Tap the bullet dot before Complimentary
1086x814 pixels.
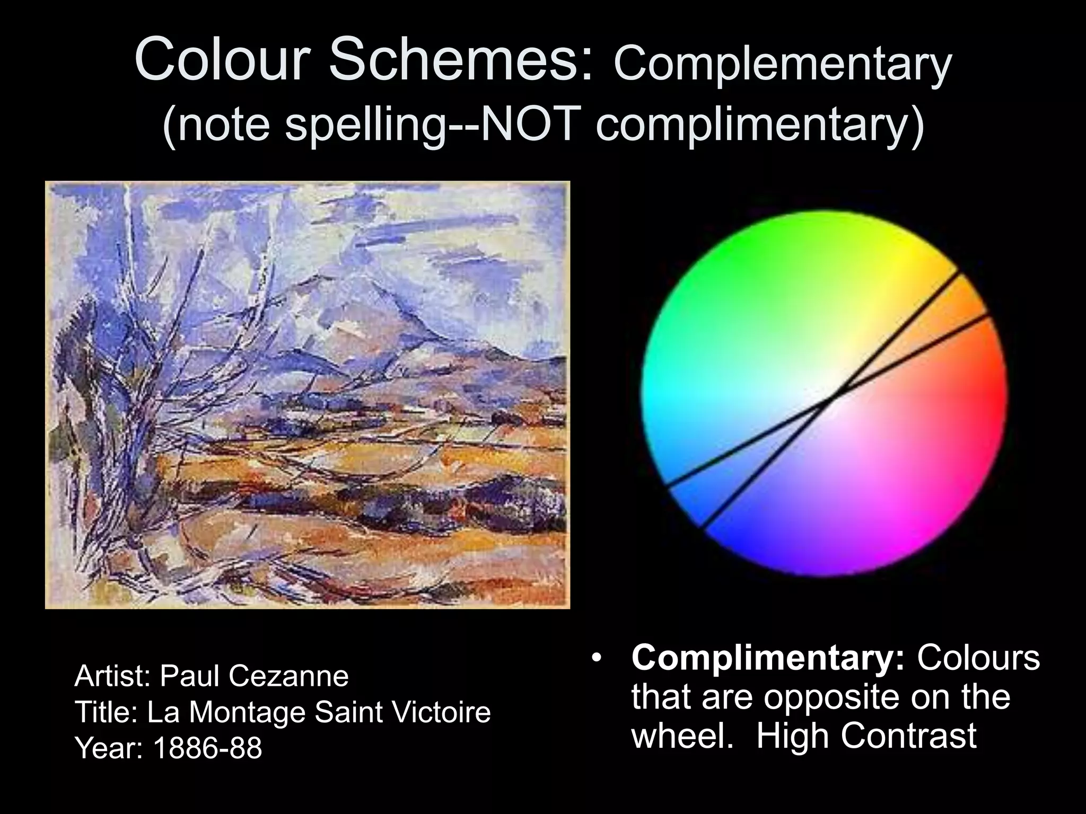pyautogui.click(x=598, y=659)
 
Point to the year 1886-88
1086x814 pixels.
pyautogui.click(x=207, y=748)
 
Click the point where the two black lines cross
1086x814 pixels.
pyautogui.click(x=834, y=395)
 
